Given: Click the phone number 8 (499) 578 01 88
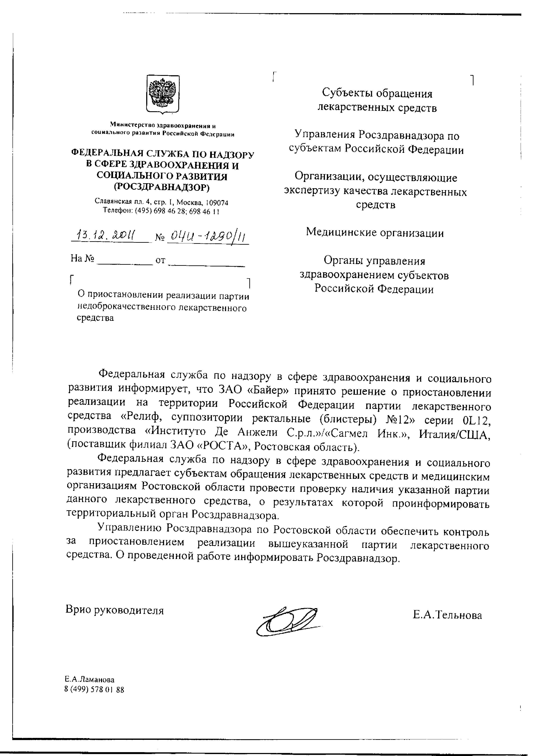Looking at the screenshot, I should point(94,689).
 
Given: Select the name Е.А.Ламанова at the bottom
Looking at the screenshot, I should point(89,679).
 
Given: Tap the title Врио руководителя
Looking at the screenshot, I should point(115,610).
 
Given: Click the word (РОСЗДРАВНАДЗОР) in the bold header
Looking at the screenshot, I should point(161,187).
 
